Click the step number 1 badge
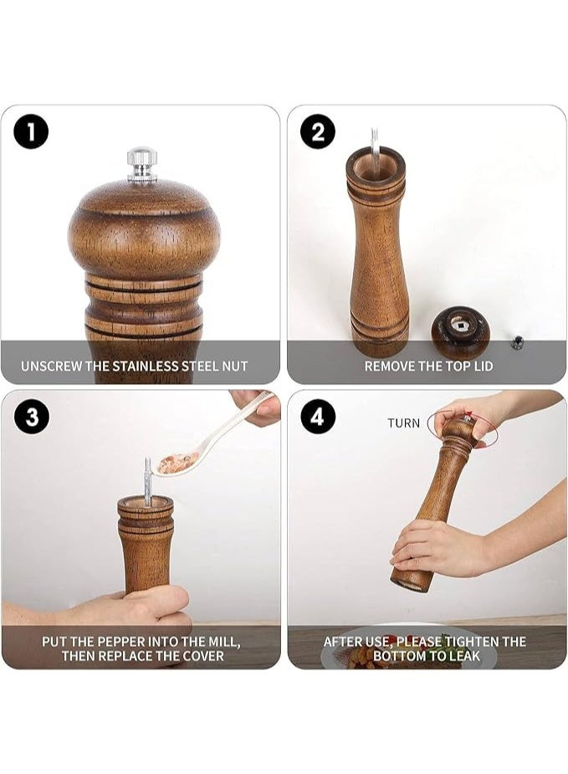tap(31, 131)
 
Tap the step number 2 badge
tap(318, 131)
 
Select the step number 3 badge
tap(31, 416)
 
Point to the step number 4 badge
tap(318, 416)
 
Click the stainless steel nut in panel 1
tap(142, 163)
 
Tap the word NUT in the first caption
tap(234, 366)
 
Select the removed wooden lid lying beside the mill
tap(460, 331)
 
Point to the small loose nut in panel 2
tap(518, 341)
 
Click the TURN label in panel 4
tap(403, 423)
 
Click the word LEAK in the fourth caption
tap(463, 656)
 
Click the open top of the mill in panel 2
tap(375, 164)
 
